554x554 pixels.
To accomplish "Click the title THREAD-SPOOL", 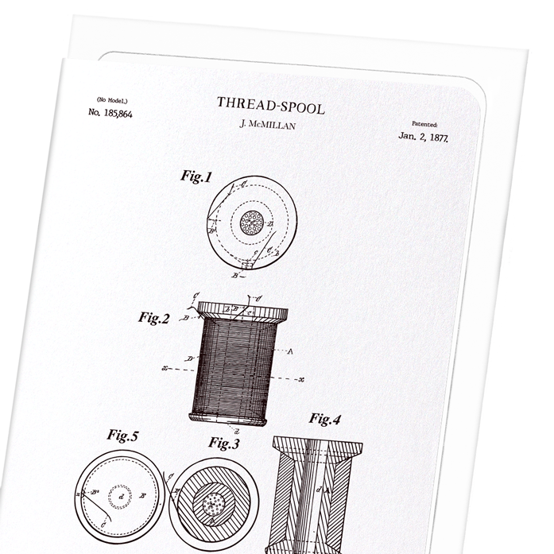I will pyautogui.click(x=270, y=103).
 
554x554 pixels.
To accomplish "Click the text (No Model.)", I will pyautogui.click(x=112, y=99).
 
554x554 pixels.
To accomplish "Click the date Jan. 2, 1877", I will pyautogui.click(x=424, y=138).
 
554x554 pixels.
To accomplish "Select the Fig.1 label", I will pyautogui.click(x=196, y=177).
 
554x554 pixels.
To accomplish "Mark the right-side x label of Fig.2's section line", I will pyautogui.click(x=302, y=380).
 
